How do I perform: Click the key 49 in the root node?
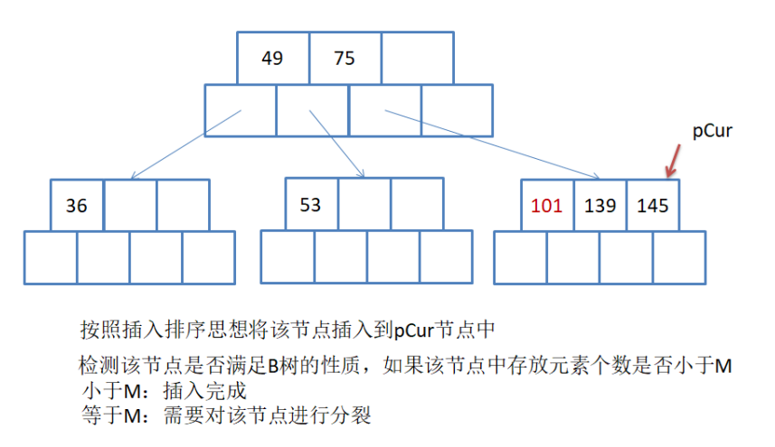[x=272, y=59]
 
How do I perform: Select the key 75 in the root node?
[x=345, y=59]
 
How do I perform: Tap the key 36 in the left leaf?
[x=77, y=206]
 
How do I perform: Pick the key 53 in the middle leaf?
[x=310, y=204]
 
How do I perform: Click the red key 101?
[x=546, y=205]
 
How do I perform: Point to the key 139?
[x=600, y=205]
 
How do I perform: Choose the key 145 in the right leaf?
[x=652, y=205]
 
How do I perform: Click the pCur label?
[x=712, y=131]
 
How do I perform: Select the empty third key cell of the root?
[x=417, y=59]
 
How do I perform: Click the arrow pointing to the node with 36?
[x=185, y=144]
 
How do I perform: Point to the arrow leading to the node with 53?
[x=336, y=144]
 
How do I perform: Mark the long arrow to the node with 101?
[x=494, y=144]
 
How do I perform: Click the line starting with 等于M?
[x=225, y=416]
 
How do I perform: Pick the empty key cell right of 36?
[x=130, y=206]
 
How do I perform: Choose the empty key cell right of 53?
[x=364, y=204]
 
